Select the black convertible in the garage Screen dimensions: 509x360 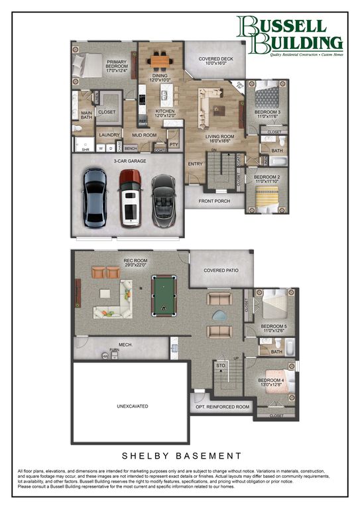[x=162, y=199]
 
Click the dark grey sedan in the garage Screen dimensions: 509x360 [x=95, y=197]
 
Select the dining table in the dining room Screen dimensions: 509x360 [x=159, y=62]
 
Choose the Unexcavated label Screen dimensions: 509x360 [x=133, y=406]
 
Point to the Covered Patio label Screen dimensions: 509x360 [x=221, y=270]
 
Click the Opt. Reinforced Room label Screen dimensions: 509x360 [x=222, y=407]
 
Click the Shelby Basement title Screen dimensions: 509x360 [x=180, y=456]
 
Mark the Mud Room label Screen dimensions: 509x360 [x=144, y=135]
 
